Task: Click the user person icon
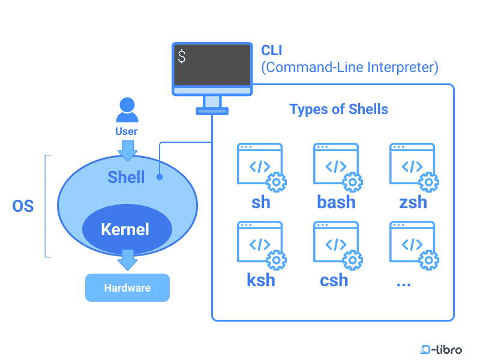[127, 110]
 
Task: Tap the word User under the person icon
[127, 131]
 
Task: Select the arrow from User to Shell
[127, 150]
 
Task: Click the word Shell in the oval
[126, 177]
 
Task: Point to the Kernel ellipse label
[125, 229]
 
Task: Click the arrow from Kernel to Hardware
[127, 260]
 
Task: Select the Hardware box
[127, 288]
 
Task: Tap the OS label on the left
[23, 207]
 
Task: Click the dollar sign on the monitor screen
[182, 57]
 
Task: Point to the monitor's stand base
[212, 111]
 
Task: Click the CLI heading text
[271, 49]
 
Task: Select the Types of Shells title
[338, 109]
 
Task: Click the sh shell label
[261, 202]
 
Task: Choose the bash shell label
[336, 202]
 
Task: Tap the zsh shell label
[413, 202]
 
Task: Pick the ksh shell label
[261, 280]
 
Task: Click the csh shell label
[334, 280]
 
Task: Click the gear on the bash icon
[352, 181]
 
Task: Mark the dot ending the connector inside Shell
[160, 177]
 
